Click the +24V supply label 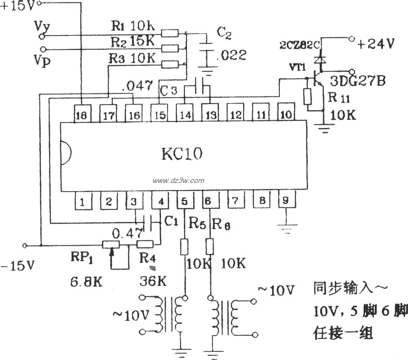[375, 44]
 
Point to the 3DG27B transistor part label [358, 81]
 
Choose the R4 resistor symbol [144, 244]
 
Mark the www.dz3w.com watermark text [178, 181]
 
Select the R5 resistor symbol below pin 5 [185, 246]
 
